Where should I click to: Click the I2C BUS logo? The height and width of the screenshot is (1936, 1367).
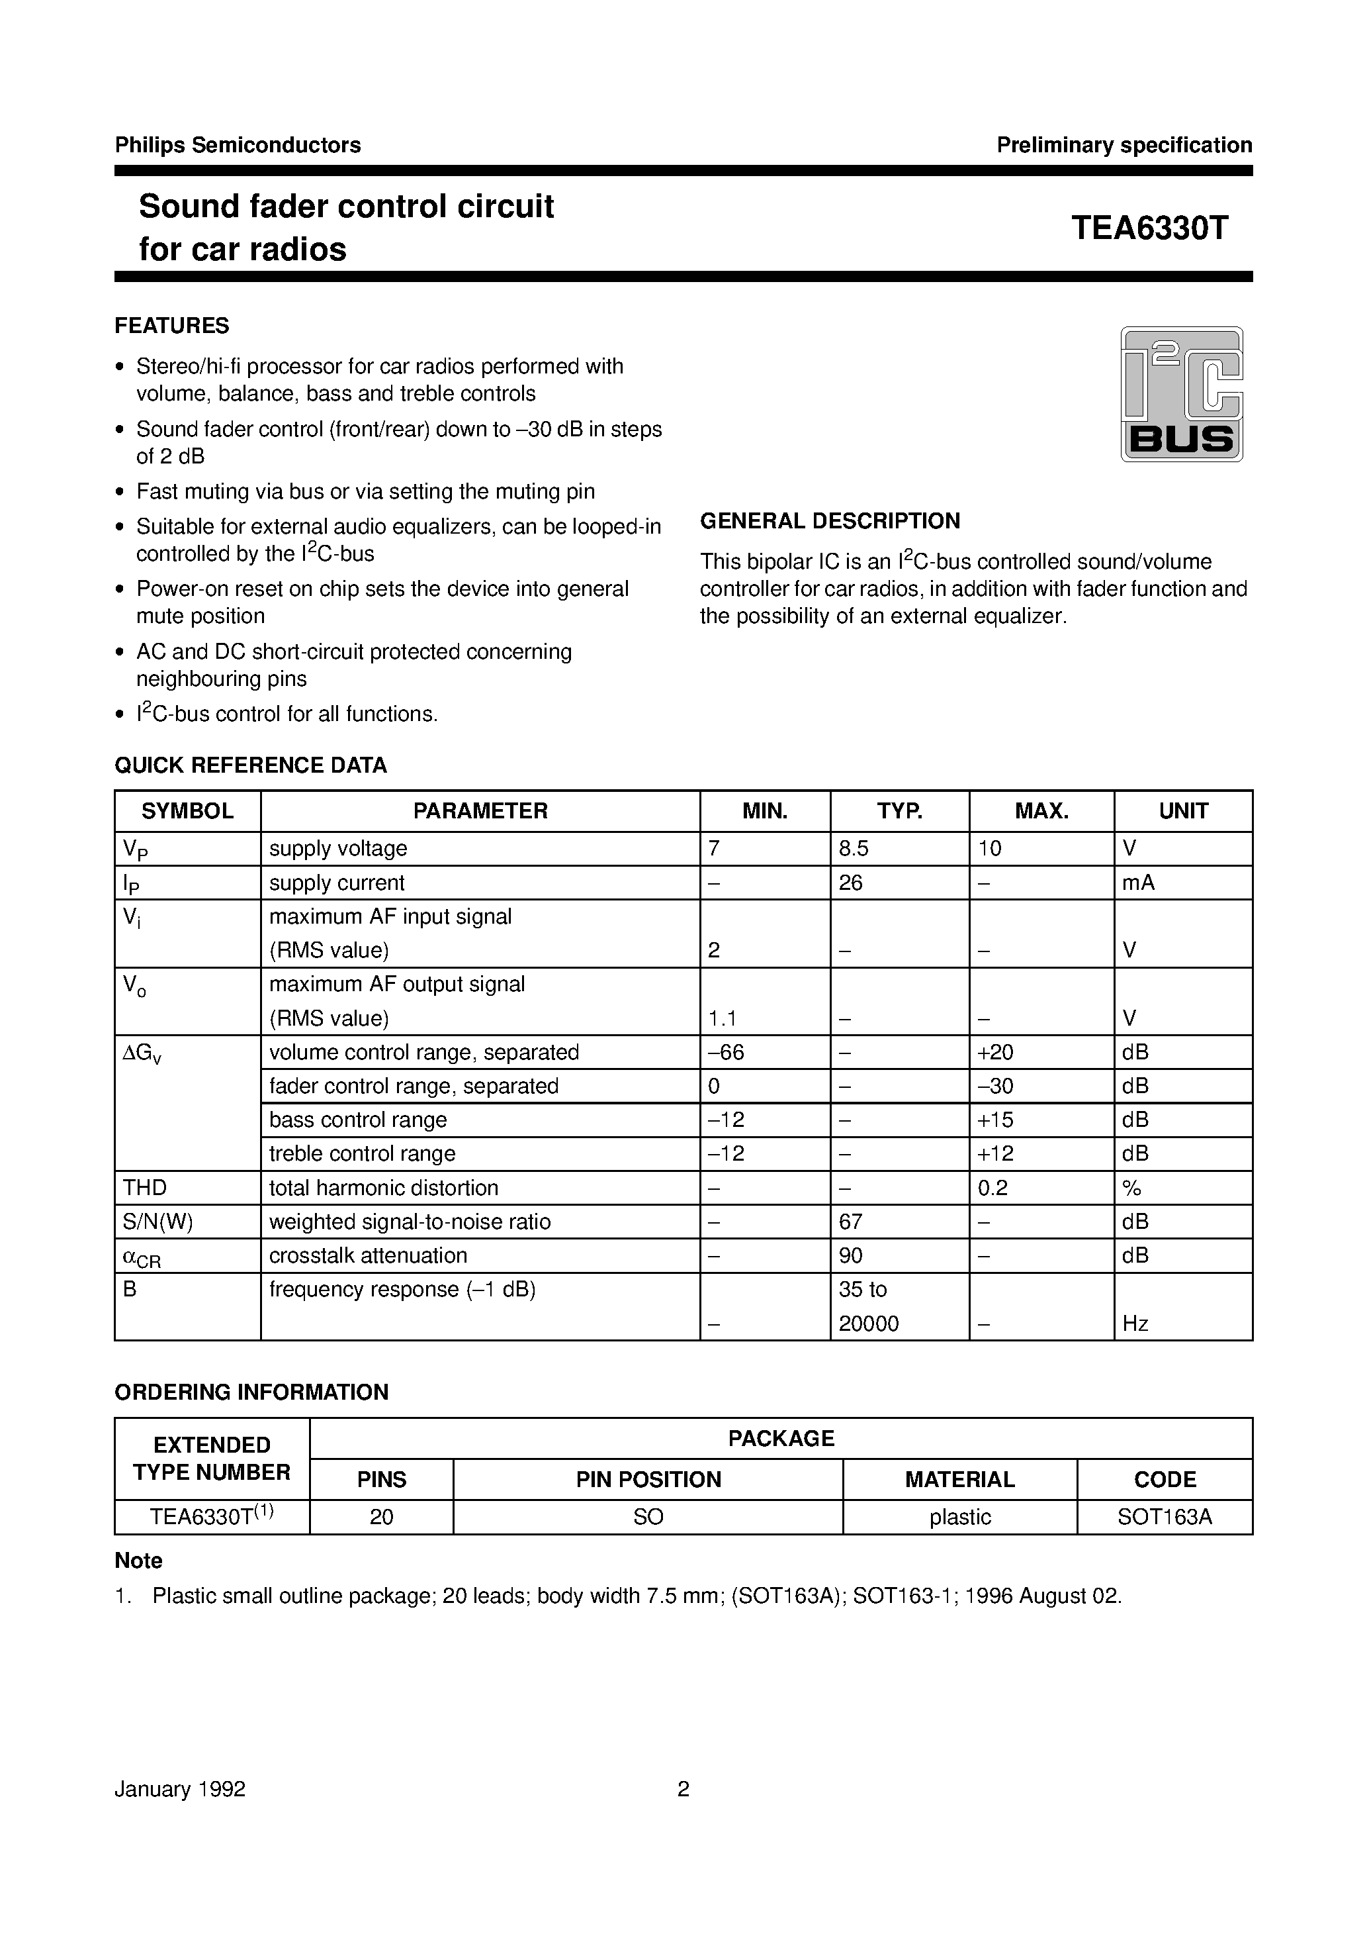coord(1181,394)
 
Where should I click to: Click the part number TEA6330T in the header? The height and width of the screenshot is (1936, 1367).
coord(1149,228)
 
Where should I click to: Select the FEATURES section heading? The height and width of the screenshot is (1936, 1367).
coord(172,326)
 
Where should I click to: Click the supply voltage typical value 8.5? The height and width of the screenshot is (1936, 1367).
coord(853,848)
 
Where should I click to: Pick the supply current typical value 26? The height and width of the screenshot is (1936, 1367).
coord(850,883)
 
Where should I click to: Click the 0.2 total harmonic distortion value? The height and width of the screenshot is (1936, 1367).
coord(992,1188)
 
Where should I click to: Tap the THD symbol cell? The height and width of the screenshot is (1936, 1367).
coord(145,1188)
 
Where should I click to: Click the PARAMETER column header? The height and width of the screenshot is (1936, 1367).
coord(480,811)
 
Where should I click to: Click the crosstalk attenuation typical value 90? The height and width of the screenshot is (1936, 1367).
coord(850,1255)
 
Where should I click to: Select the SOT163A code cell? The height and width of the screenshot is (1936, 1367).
coord(1164,1517)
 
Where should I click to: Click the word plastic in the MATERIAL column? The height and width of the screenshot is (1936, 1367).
coord(959,1517)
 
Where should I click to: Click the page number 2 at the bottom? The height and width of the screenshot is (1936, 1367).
coord(683,1789)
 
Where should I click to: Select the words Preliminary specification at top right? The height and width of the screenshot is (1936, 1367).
coord(1124,145)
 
